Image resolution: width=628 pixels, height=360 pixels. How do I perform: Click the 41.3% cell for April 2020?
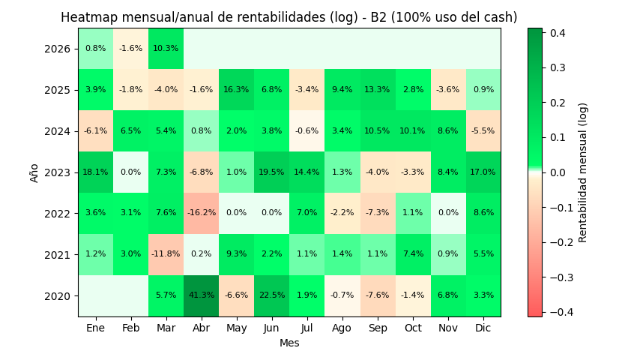tap(201, 295)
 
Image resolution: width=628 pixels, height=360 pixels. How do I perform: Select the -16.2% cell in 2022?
tap(201, 213)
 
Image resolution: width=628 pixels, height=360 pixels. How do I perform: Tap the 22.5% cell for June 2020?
tap(271, 295)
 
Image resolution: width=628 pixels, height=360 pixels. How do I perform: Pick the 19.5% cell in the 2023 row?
tap(271, 172)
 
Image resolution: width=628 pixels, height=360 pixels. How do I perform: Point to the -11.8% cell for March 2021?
tap(166, 254)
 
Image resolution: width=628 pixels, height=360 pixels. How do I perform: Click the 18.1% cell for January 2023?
tap(95, 172)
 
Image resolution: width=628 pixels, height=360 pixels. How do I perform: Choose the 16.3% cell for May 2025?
tap(236, 90)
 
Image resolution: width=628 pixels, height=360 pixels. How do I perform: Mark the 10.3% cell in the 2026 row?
tap(166, 49)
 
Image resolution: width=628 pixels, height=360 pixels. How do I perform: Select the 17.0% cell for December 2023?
tap(483, 172)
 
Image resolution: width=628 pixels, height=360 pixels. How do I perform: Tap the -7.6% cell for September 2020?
tap(377, 295)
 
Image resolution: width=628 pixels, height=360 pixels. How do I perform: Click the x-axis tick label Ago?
tap(342, 328)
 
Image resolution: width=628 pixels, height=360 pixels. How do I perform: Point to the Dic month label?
tap(483, 328)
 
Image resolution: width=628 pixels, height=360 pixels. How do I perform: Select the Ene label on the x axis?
tap(95, 328)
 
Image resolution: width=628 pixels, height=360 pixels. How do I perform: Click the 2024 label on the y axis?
tap(58, 131)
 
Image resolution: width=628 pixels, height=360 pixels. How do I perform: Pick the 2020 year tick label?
tap(58, 295)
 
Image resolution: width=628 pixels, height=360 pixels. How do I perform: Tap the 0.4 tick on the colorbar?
tap(557, 33)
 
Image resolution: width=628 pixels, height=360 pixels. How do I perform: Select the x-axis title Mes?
tap(289, 343)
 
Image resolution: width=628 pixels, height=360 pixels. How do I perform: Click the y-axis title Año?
tap(34, 172)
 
